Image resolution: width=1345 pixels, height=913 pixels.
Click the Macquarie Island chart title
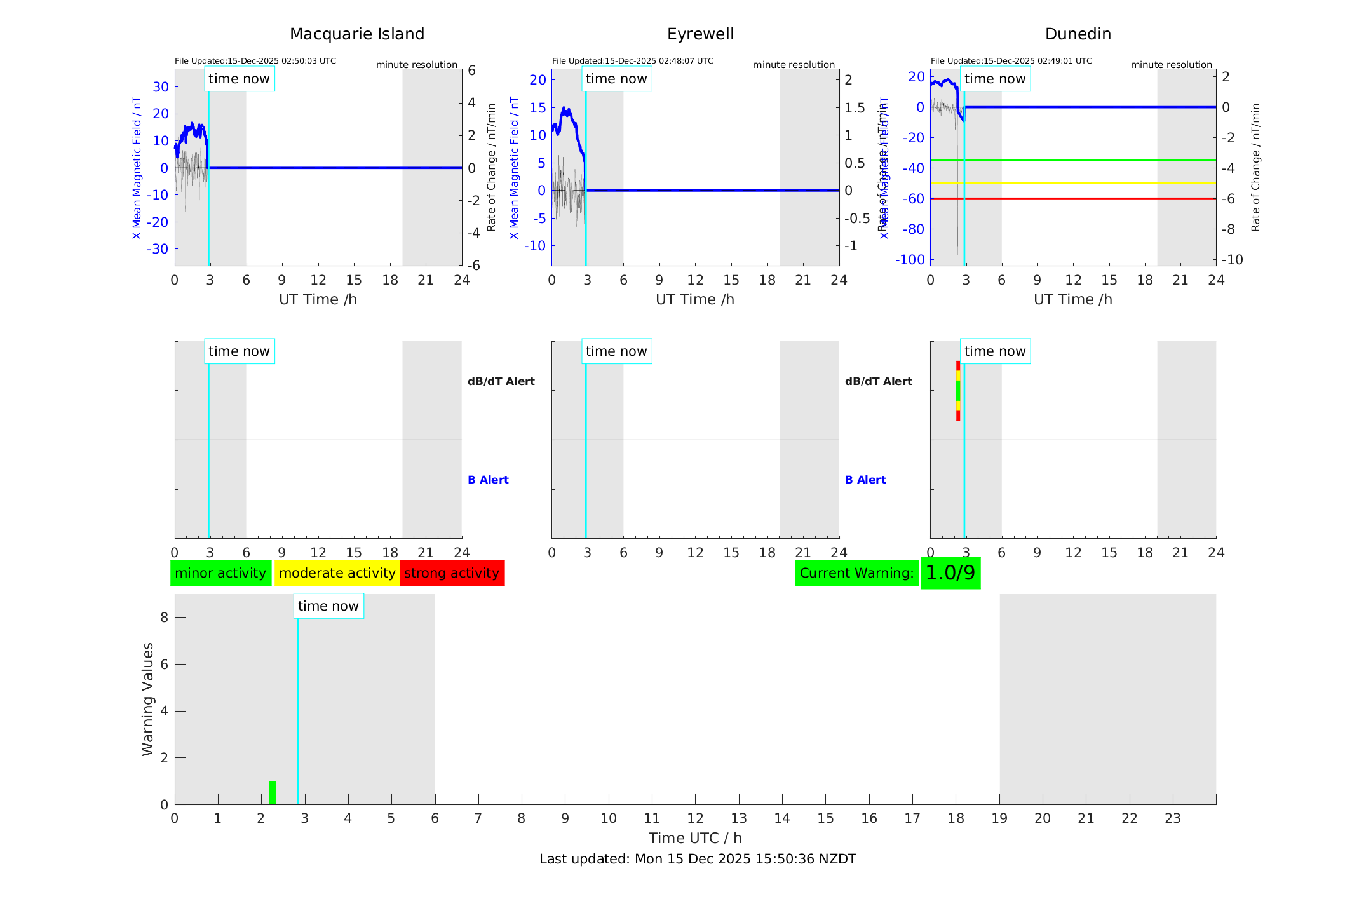(x=357, y=34)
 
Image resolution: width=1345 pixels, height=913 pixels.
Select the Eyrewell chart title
(x=700, y=34)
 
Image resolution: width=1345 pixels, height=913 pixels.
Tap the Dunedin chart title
(x=1078, y=34)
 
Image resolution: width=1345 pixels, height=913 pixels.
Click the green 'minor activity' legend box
(x=220, y=573)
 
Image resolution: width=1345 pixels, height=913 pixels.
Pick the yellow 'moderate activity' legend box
(x=337, y=573)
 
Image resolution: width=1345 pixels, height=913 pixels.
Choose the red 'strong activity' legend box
(x=452, y=573)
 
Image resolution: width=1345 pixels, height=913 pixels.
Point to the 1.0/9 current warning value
(x=950, y=573)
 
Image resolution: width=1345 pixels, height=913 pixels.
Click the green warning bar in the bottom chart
(x=273, y=792)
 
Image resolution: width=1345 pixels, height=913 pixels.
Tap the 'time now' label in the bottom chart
(x=328, y=606)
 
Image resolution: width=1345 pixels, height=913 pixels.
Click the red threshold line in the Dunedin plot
(x=1080, y=198)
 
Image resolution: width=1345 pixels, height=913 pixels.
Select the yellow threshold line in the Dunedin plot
(x=1080, y=183)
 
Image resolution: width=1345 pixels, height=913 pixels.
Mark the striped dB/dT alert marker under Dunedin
(x=958, y=390)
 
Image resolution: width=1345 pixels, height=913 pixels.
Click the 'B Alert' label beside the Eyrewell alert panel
(x=865, y=480)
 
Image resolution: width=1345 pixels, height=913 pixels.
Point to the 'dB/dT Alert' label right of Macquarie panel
(x=501, y=381)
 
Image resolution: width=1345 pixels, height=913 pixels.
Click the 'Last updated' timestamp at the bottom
(x=698, y=859)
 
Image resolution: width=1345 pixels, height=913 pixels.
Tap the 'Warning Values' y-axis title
(x=148, y=699)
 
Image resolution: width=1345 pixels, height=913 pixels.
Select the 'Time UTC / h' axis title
(x=695, y=838)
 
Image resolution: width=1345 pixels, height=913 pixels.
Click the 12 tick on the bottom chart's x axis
(x=695, y=818)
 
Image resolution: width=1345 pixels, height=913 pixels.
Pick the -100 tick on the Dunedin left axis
(x=910, y=259)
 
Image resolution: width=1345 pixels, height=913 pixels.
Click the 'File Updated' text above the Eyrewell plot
(x=632, y=61)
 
